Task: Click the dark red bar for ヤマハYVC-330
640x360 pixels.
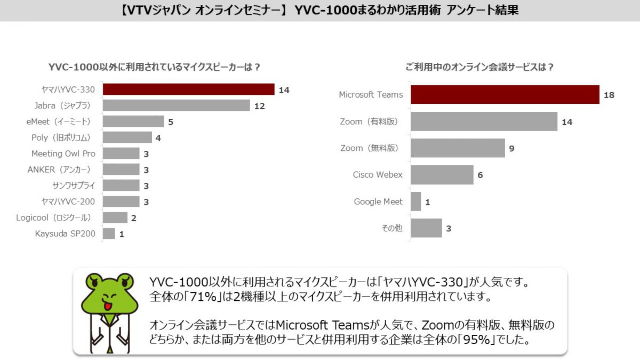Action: (x=188, y=90)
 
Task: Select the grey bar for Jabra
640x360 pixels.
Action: (x=176, y=106)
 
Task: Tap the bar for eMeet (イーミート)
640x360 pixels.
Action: (x=133, y=122)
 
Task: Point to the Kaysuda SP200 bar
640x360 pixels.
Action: (x=109, y=234)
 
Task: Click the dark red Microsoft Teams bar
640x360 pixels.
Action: (x=505, y=94)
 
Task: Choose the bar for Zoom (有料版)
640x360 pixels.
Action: (x=484, y=122)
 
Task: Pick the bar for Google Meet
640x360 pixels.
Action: (x=416, y=202)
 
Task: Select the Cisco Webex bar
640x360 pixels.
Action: (x=442, y=175)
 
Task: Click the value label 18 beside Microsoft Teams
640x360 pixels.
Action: (x=609, y=95)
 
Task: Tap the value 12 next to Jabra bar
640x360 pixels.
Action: (x=260, y=106)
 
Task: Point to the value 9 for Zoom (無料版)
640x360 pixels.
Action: (x=511, y=148)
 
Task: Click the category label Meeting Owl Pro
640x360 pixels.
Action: (x=63, y=154)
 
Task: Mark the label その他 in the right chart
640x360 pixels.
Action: (x=392, y=228)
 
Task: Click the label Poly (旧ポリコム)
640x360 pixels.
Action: (x=63, y=138)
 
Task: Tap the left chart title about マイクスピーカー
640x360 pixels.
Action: (x=155, y=67)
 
